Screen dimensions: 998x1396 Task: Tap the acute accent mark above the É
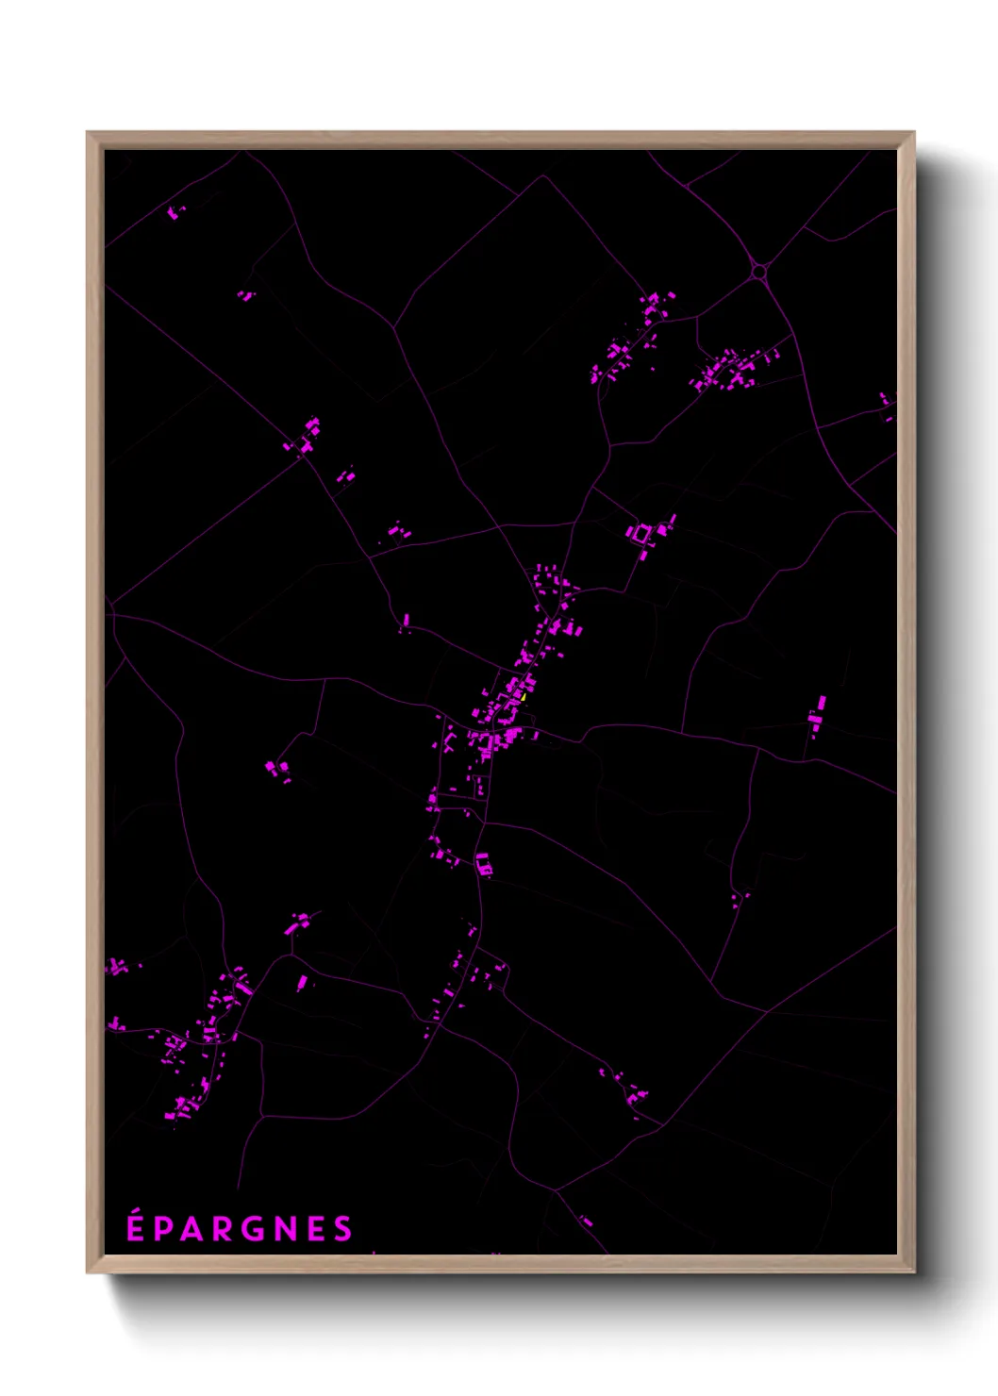pos(136,1211)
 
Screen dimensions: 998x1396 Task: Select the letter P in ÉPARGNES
pos(164,1229)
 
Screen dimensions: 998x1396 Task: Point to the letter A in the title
pos(192,1229)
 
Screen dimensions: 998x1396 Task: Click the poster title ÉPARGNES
pos(240,1228)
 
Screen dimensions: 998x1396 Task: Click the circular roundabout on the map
pos(758,272)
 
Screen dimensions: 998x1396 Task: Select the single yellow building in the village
pos(521,695)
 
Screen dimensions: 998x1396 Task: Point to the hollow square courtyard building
pos(642,535)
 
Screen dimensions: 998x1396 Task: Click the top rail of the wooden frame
pos(500,140)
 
